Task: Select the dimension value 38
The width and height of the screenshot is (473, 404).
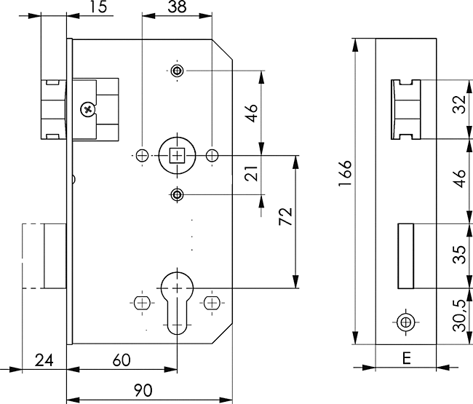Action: [175, 8]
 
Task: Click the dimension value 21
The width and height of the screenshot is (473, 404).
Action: [252, 175]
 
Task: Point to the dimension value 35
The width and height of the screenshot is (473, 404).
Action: [457, 256]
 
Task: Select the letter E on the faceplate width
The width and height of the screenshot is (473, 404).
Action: [405, 358]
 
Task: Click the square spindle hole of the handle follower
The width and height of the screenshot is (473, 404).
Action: [176, 155]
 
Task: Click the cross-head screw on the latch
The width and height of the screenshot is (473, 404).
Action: [88, 109]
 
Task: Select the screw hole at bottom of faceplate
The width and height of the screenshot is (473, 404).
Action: [405, 320]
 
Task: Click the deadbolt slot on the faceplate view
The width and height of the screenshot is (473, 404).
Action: [405, 256]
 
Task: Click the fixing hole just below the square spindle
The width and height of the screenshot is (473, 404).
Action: [177, 194]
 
